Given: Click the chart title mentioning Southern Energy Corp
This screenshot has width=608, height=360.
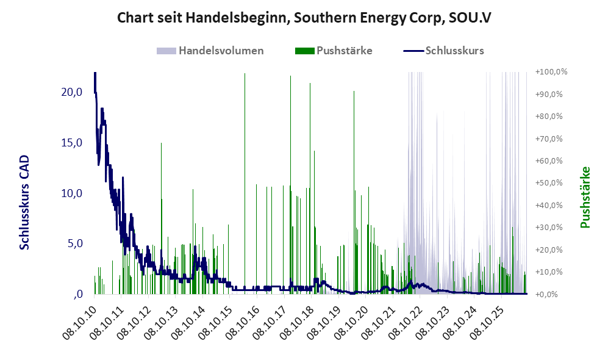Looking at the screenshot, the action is point(304,18).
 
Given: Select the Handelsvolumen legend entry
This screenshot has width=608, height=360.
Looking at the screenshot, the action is point(210,51).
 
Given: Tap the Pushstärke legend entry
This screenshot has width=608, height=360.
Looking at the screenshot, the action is point(334,51).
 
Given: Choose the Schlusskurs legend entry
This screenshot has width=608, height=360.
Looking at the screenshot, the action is point(443,51).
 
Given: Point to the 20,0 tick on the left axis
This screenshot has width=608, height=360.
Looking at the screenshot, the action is point(72,92).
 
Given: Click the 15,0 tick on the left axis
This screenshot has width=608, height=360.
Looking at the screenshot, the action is point(72,143).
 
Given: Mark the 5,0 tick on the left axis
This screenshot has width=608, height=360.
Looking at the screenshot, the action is point(75,243).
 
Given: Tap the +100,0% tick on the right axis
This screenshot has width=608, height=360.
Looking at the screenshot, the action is point(551,72).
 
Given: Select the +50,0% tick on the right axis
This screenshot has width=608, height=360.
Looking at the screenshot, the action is point(549,182).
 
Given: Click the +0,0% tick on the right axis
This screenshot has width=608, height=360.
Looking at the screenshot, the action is point(547,294).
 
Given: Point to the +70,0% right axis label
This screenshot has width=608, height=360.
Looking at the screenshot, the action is point(549,139).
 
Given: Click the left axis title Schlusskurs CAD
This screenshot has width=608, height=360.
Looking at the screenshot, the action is point(24,202).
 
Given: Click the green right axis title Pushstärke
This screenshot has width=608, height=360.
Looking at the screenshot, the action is point(585,197).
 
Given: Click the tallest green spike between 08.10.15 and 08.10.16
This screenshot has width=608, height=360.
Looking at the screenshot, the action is point(245,184).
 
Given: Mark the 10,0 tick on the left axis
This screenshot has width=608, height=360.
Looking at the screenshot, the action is point(72,193).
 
